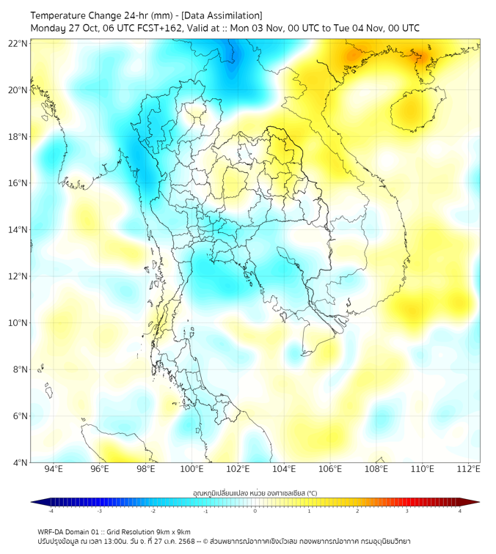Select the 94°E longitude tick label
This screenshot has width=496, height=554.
[54, 470]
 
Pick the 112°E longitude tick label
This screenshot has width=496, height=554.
[468, 470]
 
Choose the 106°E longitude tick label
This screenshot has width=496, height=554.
[330, 470]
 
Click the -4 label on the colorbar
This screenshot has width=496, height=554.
[50, 511]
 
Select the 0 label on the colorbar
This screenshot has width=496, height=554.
[255, 511]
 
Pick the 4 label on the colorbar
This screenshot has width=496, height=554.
[460, 511]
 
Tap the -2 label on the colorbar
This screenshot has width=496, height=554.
[153, 511]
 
